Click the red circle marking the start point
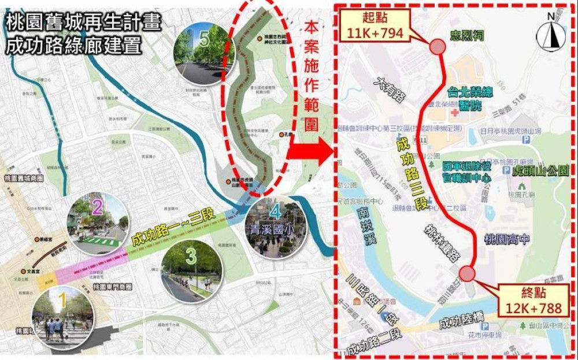pyautogui.click(x=436, y=46)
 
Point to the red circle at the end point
pyautogui.click(x=467, y=273)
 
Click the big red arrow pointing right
pyautogui.click(x=310, y=152)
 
